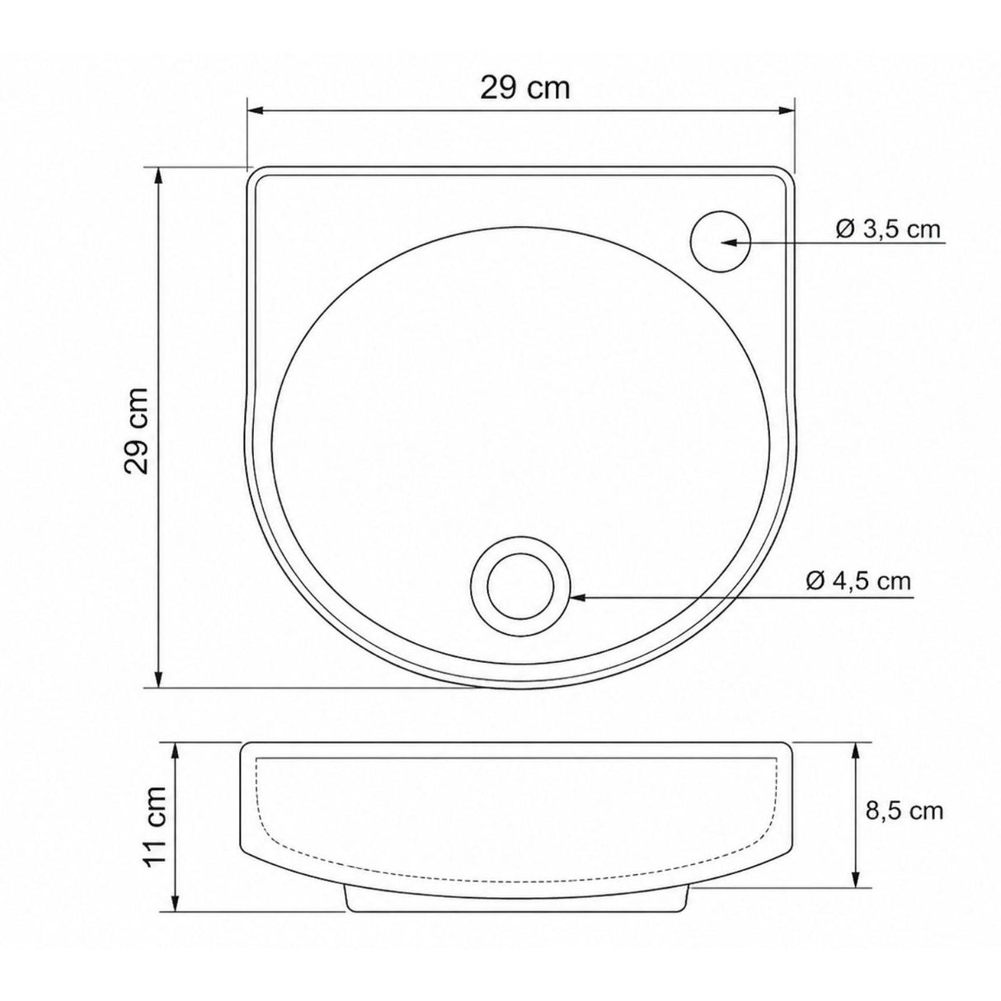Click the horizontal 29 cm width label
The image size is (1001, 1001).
[525, 87]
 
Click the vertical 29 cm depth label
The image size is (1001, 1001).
[137, 430]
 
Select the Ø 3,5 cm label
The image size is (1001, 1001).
[887, 228]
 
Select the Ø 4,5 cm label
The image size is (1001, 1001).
[858, 580]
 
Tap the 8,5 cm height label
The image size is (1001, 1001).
[905, 811]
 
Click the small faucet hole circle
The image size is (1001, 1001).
[719, 242]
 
